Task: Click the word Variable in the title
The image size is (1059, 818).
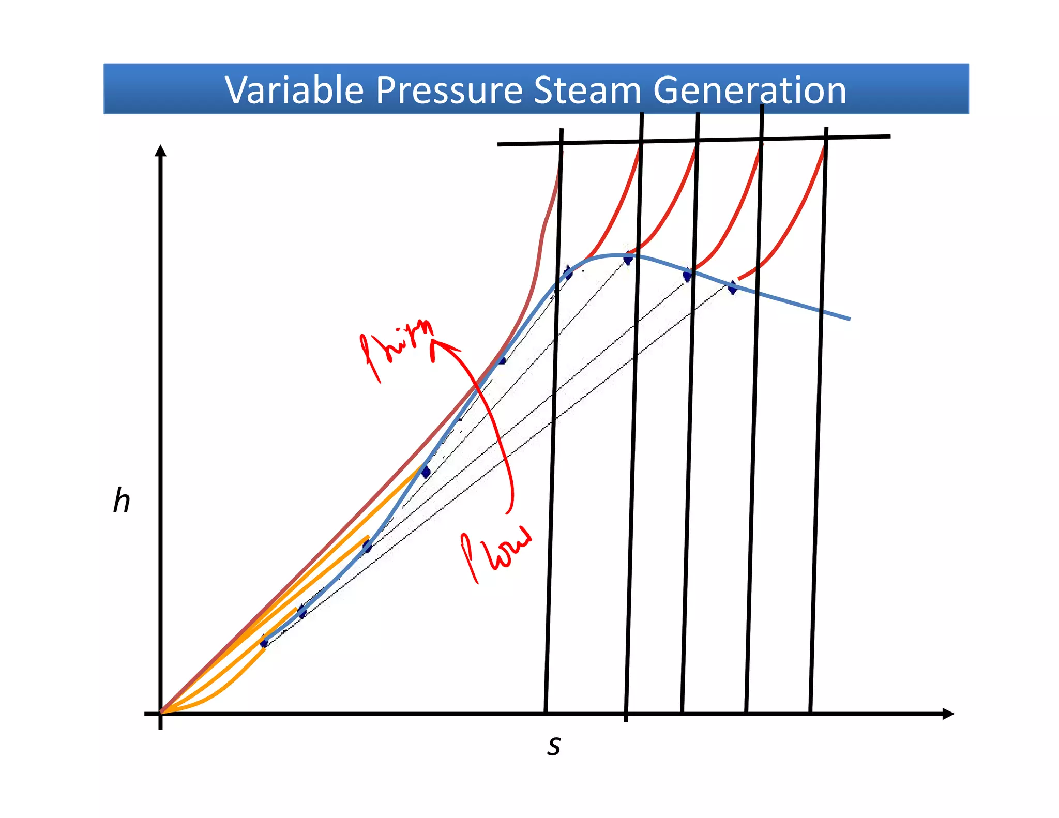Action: point(294,90)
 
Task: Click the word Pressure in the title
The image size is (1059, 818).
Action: point(449,90)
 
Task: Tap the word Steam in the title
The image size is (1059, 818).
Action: point(587,90)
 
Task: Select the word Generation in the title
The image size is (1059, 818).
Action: point(749,90)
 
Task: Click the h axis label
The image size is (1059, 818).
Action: point(122,501)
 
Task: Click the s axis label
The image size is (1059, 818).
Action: point(554,746)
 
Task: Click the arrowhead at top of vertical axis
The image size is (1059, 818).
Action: point(161,150)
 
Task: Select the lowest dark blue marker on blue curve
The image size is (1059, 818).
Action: point(264,642)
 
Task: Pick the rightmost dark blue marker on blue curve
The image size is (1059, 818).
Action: point(732,287)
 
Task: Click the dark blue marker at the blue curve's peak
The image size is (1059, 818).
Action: point(628,258)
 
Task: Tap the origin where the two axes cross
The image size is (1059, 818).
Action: point(161,714)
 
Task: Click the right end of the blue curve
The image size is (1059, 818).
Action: point(849,319)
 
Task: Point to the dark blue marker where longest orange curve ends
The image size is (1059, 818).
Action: point(425,471)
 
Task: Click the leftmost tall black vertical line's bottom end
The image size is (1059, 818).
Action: point(546,711)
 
